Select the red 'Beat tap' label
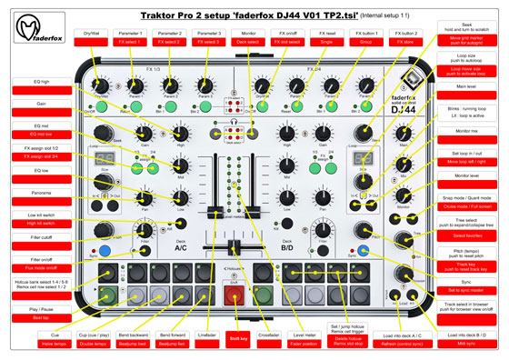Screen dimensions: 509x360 [x=42, y=318]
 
